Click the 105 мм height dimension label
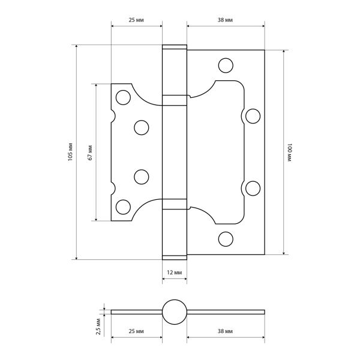click(70, 152)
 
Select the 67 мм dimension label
click(90, 152)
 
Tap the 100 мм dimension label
click(289, 152)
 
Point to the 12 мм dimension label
click(175, 272)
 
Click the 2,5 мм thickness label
click(98, 326)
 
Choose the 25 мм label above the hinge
click(136, 20)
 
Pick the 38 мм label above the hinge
click(225, 20)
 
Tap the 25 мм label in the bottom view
click(136, 331)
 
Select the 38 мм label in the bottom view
click(225, 331)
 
